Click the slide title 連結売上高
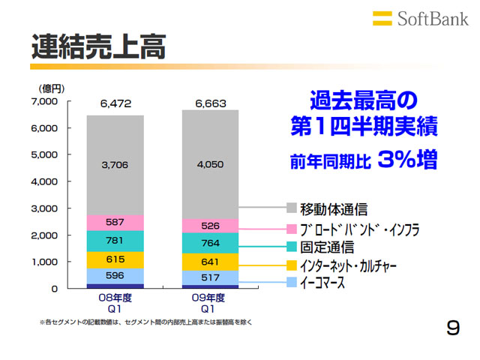(98, 46)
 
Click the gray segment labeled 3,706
(115, 165)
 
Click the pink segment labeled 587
(115, 223)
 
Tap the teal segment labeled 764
(210, 243)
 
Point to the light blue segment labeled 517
(210, 278)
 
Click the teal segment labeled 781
(115, 241)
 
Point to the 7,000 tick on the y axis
(44, 101)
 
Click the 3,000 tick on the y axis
(44, 208)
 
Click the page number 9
(452, 328)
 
